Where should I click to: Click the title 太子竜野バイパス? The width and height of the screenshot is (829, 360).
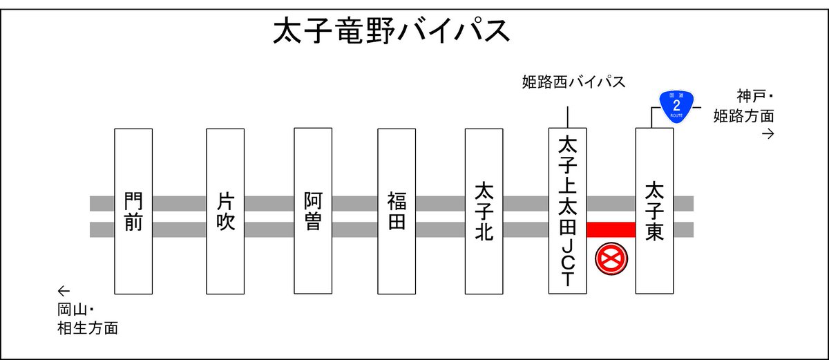coord(392,30)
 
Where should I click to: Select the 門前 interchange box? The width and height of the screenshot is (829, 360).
coord(133,211)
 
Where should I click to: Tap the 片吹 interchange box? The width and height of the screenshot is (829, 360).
coord(225,211)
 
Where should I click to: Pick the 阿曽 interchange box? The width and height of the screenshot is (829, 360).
coord(313,211)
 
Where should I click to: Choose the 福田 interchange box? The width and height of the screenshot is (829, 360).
coord(397,211)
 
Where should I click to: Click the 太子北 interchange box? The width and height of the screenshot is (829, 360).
coord(484,211)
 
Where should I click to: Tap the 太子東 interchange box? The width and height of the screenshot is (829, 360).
coord(654,211)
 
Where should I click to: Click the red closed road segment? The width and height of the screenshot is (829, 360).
coord(611,229)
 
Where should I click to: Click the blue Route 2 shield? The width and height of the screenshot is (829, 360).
coord(676,106)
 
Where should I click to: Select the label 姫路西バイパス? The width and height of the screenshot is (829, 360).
coord(573,83)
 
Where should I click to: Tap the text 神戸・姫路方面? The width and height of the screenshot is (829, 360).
coord(744,106)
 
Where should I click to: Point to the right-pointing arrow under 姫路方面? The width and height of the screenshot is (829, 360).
coord(767,133)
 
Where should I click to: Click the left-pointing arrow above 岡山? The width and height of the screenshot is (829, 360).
coord(64,290)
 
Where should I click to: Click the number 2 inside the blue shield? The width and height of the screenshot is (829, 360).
coord(676,105)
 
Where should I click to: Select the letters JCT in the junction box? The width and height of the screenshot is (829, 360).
coord(567,263)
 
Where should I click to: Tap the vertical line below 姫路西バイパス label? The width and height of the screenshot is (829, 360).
coord(567,117)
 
